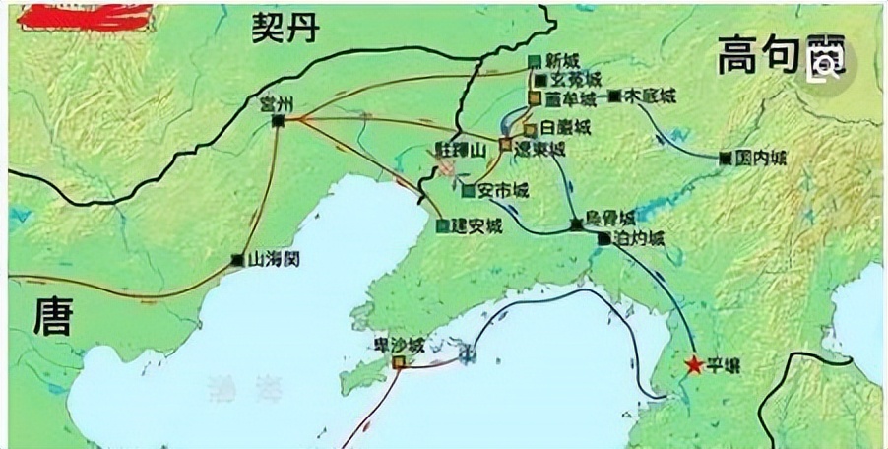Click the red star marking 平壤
point(694,365)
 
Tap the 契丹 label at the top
point(285,29)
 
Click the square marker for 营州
point(279,120)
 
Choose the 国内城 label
point(761,157)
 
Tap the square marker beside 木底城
point(614,96)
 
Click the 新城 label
point(564,59)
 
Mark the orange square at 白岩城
point(530,129)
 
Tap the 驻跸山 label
point(461,151)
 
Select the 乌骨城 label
point(610,219)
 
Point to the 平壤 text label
point(725,368)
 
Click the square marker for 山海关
point(236,261)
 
